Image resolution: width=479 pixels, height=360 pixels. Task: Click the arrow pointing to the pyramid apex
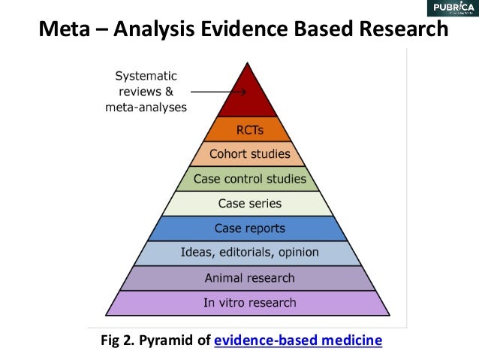(x=218, y=92)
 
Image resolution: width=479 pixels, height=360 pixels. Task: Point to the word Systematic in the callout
(x=146, y=76)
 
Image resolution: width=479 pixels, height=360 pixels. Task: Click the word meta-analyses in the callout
(x=146, y=107)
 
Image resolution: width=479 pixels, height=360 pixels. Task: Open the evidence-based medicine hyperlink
(x=298, y=340)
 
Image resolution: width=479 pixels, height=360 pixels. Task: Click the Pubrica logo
(x=450, y=9)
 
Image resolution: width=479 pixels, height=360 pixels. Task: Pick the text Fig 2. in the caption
(x=116, y=340)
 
